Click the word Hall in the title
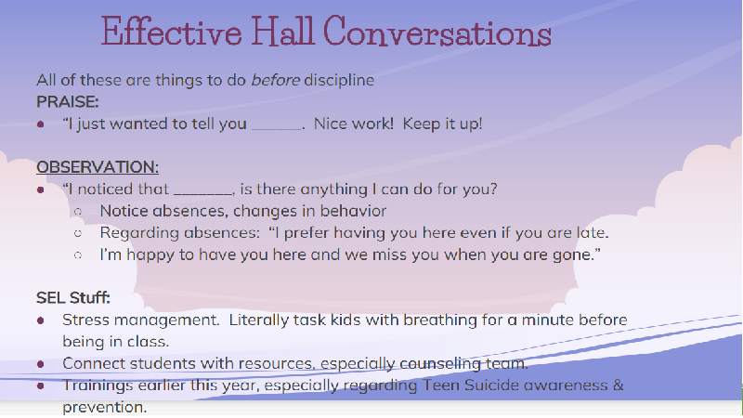coord(282,32)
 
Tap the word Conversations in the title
coord(437,32)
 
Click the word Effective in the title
coord(172,32)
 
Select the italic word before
coord(275,80)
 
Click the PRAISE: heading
coord(67,101)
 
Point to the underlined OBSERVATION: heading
coord(98,167)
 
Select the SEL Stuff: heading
coord(73,297)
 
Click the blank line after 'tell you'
coord(277,128)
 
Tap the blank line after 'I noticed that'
coord(203,194)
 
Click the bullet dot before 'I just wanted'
coord(41,124)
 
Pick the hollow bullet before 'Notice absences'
coord(78,212)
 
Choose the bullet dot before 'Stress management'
coord(41,320)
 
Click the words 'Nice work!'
coord(354,124)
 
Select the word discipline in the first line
coord(339,80)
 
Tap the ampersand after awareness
coord(618,385)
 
